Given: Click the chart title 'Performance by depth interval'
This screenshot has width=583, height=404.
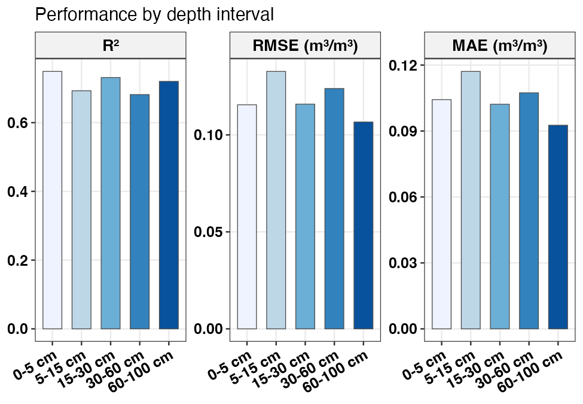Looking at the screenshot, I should pyautogui.click(x=154, y=14).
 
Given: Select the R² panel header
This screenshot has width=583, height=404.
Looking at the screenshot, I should pyautogui.click(x=111, y=45).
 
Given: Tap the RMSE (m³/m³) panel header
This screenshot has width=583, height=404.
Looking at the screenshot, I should pyautogui.click(x=305, y=45).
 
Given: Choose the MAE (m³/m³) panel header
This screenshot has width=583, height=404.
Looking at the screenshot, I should pyautogui.click(x=499, y=45).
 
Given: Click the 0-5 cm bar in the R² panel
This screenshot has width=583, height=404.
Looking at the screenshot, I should pyautogui.click(x=52, y=200).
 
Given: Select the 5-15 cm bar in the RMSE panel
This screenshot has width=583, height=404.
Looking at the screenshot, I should pyautogui.click(x=276, y=200).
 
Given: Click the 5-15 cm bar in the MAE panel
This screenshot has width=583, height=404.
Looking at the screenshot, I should pyautogui.click(x=470, y=200).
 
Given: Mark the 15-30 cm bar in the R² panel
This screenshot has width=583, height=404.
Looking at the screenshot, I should pyautogui.click(x=111, y=203).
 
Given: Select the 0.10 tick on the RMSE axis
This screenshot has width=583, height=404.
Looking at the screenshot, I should pyautogui.click(x=209, y=135).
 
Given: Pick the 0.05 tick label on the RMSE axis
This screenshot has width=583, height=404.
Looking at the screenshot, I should pyautogui.click(x=209, y=232).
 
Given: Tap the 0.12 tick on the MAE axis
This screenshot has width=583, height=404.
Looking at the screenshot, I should pyautogui.click(x=404, y=65).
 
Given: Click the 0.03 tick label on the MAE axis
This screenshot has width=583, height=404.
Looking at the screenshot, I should pyautogui.click(x=404, y=263).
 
